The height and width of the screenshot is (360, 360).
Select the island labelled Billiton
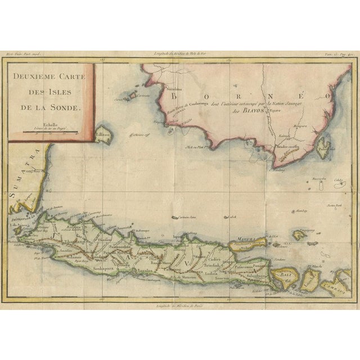click(x=103, y=137)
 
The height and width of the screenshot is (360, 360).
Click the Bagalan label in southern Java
click(x=146, y=271)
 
